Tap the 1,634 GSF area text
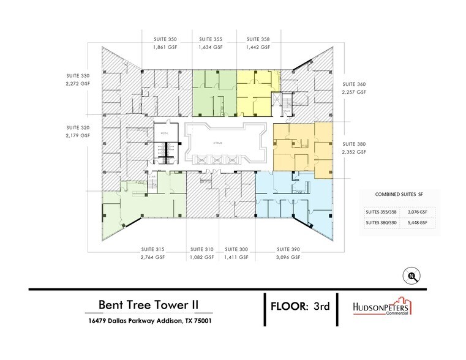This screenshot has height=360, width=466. [210, 47]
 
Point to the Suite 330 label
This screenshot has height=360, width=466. [78, 76]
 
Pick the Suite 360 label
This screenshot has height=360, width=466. [353, 83]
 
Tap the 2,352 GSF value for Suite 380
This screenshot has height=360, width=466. [353, 151]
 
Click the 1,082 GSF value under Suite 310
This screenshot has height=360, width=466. [201, 258]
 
